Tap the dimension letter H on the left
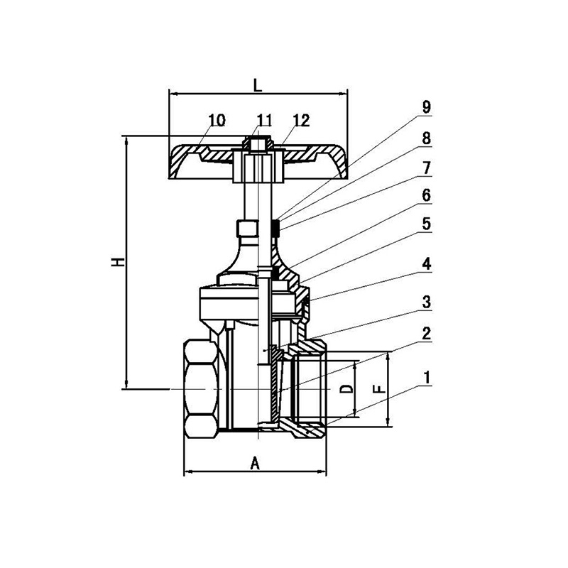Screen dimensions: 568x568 pos(118,262)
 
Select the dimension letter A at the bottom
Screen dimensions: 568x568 pos(256,463)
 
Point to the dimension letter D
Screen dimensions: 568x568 pos(346,389)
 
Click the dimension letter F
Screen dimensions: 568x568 pos(379,389)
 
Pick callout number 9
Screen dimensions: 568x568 pos(427,107)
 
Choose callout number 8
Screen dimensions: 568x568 pos(427,138)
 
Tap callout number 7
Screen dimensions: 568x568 pos(427,168)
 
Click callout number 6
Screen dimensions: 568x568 pos(427,196)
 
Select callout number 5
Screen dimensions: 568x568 pos(427,224)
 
